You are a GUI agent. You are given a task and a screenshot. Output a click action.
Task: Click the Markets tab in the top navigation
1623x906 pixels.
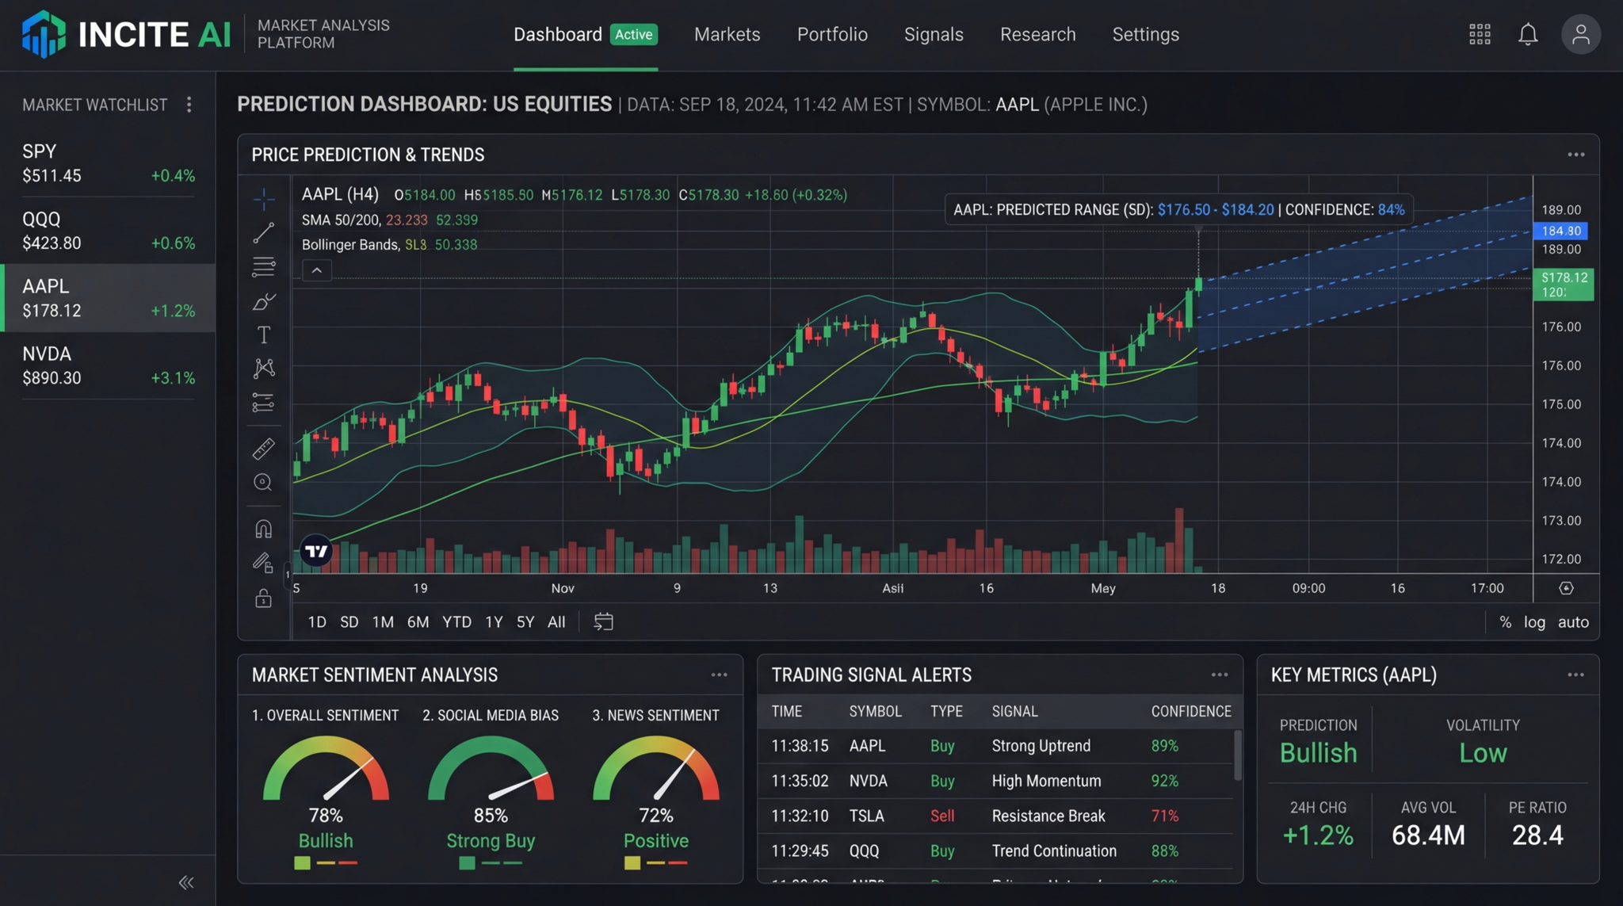tap(727, 34)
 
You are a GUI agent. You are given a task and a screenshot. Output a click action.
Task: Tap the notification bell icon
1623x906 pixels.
tap(1527, 34)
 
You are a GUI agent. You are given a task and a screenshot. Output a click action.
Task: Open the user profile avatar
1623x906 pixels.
tap(1580, 34)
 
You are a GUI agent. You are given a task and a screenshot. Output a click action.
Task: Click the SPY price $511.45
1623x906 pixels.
tap(52, 176)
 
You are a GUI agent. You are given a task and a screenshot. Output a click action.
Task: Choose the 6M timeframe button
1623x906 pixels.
tap(418, 622)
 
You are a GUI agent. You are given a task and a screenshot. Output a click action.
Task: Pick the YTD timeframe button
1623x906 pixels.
tap(456, 622)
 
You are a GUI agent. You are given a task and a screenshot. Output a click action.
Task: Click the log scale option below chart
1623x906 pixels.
tap(1534, 622)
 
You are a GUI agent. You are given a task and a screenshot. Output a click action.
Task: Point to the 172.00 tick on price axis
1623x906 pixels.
tap(1560, 559)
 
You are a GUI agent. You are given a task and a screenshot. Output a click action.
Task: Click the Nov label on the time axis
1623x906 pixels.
tap(563, 588)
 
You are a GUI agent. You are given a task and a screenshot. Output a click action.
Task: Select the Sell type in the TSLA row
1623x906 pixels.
tap(941, 816)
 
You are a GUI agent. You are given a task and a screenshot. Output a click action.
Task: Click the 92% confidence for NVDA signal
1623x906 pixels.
tap(1164, 781)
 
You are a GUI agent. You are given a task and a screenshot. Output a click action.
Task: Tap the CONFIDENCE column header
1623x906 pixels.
tap(1190, 711)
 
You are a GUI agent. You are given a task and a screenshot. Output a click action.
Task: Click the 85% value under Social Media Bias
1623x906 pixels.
tap(491, 816)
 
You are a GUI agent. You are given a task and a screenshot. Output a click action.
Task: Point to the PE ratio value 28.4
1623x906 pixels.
tap(1537, 835)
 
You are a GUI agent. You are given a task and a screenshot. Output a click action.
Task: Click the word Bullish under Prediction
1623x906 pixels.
tap(1318, 753)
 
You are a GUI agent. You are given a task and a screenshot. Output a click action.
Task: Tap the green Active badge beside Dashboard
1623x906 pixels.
tap(633, 34)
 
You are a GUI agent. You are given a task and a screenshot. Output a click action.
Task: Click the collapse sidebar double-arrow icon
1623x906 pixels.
tap(186, 882)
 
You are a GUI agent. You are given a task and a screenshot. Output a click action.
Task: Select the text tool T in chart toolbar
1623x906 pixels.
tap(264, 334)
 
